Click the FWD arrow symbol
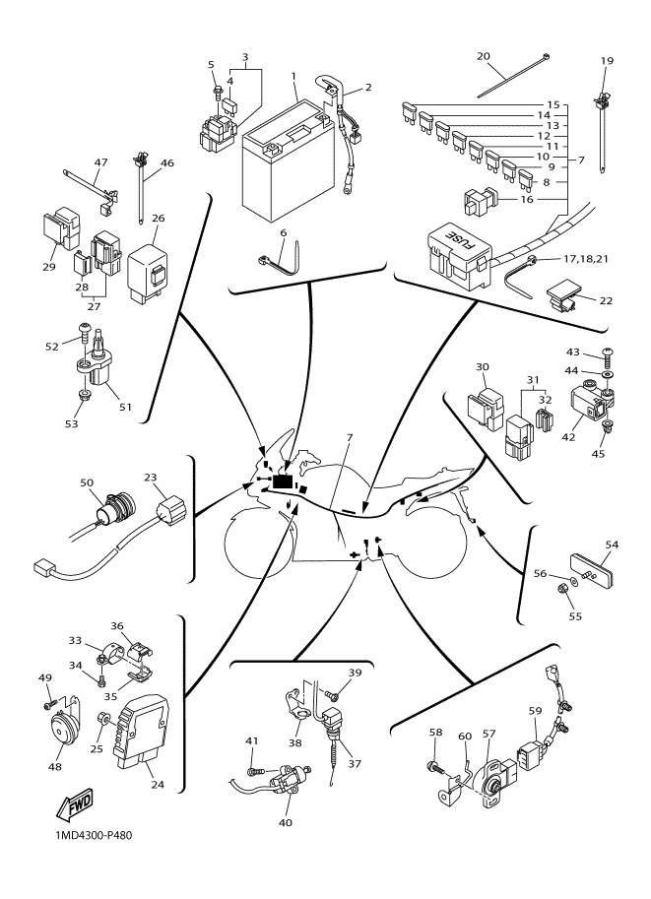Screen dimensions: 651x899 pyautogui.click(x=74, y=806)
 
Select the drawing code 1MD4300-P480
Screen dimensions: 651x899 pyautogui.click(x=93, y=835)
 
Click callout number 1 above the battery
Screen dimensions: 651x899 pyautogui.click(x=293, y=76)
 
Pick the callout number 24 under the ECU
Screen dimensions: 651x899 pyautogui.click(x=158, y=784)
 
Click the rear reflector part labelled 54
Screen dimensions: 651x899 pyautogui.click(x=592, y=571)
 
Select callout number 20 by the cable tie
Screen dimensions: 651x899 pyautogui.click(x=484, y=56)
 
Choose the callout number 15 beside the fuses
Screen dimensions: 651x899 pyautogui.click(x=553, y=105)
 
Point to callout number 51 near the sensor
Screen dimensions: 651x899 pyautogui.click(x=125, y=407)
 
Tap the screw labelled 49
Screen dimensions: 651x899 pyautogui.click(x=50, y=704)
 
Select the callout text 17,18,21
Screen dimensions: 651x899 pyautogui.click(x=586, y=259)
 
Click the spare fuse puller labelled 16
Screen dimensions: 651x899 pyautogui.click(x=480, y=202)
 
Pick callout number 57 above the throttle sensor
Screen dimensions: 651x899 pyautogui.click(x=488, y=734)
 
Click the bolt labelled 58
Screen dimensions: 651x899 pyautogui.click(x=435, y=766)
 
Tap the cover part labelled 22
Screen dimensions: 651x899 pyautogui.click(x=562, y=296)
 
